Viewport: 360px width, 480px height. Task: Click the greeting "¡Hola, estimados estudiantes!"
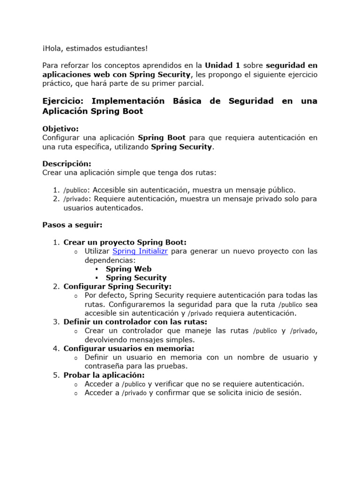[x=95, y=48]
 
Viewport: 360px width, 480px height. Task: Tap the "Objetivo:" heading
[x=60, y=128]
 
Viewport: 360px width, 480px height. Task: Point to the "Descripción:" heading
[x=67, y=164]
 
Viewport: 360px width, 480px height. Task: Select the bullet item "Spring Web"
[x=128, y=269]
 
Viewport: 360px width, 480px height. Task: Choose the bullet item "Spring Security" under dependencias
[x=136, y=277]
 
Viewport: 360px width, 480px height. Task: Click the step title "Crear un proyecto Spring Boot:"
[x=125, y=242]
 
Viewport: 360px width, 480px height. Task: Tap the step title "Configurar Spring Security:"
[x=117, y=286]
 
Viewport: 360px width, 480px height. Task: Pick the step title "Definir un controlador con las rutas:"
[x=135, y=322]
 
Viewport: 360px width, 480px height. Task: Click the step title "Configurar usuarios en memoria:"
[x=128, y=348]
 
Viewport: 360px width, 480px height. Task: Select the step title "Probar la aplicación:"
[x=104, y=375]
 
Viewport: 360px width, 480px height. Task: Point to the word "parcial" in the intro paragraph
[x=191, y=83]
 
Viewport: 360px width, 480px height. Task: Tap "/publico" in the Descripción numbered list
[x=75, y=190]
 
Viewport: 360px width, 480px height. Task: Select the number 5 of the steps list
[x=55, y=375]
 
